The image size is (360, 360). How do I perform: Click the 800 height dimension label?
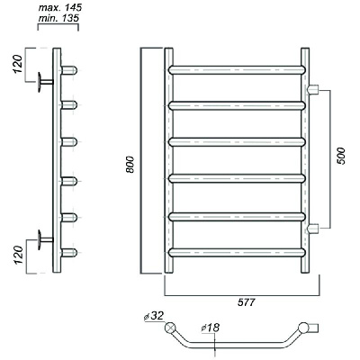[130, 164]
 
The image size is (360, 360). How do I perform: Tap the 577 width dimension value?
[247, 302]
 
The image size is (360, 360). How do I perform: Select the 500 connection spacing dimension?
[341, 156]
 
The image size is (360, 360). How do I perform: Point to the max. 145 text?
[60, 7]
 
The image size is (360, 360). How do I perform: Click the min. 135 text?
[58, 18]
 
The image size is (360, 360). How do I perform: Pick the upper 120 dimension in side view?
[17, 64]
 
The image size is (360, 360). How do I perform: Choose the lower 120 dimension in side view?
[18, 255]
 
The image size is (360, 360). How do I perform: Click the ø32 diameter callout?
[154, 316]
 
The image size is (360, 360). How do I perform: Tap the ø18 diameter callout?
[211, 328]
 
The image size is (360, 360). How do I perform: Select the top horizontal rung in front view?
[237, 70]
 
